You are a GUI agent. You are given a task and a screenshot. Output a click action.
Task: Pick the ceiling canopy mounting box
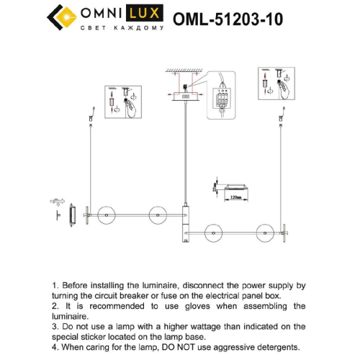coord(184,95)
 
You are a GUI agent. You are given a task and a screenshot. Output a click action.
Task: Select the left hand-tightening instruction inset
coord(123,102)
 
